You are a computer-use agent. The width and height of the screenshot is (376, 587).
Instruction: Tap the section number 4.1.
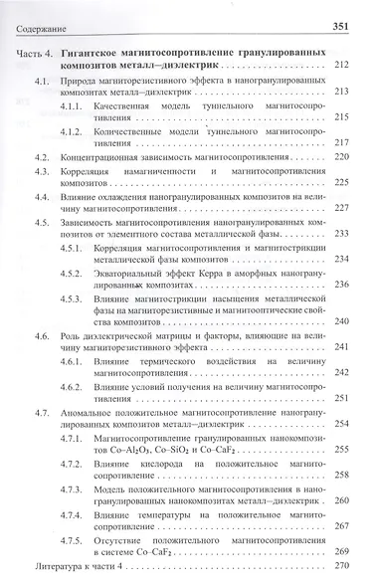[x=42, y=91]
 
